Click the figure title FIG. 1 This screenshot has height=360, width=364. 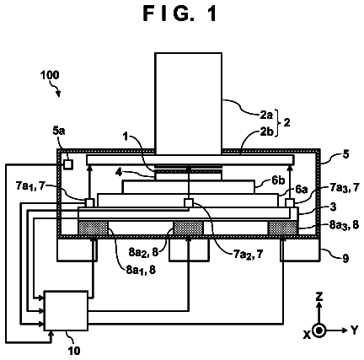180,13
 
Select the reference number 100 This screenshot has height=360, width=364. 50,75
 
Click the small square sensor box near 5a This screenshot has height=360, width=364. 68,164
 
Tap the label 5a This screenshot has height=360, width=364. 59,131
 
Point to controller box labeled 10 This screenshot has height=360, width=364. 67,311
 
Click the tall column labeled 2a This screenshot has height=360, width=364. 189,104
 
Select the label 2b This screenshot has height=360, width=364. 266,132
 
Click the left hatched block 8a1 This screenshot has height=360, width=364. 93,228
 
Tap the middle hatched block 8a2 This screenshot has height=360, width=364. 189,228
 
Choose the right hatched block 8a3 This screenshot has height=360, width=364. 283,228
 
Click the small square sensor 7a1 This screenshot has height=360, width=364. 89,202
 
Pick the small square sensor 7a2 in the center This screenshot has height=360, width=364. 189,202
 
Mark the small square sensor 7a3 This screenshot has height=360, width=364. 290,202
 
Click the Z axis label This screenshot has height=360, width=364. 319,297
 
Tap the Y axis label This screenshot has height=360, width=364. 355,330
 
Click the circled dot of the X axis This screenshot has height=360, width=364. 318,330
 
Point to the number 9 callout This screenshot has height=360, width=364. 345,258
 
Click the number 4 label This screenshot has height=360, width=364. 119,172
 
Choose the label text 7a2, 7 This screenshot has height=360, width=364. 249,255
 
